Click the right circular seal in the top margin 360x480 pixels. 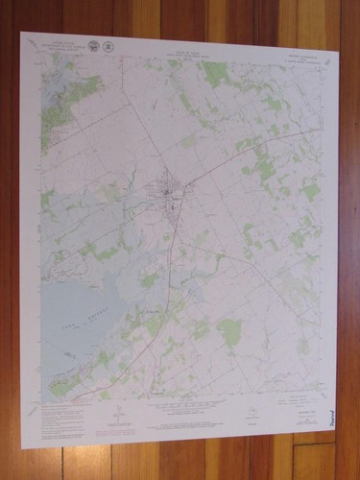(109, 46)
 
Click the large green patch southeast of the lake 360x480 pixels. (228, 332)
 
